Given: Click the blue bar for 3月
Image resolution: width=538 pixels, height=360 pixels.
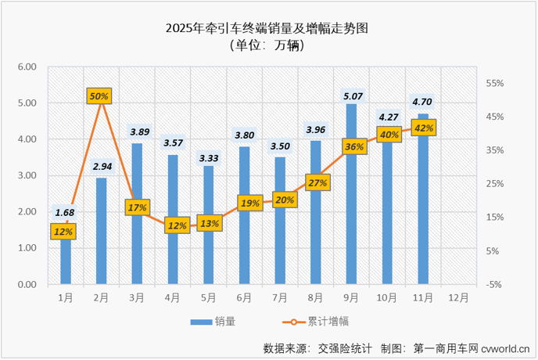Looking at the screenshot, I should [137, 235].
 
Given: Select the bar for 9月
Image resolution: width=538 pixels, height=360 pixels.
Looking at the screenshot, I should [351, 219].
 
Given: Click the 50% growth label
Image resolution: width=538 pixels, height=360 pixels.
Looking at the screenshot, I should [100, 95].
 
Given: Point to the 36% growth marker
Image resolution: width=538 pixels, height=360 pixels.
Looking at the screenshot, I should [354, 146].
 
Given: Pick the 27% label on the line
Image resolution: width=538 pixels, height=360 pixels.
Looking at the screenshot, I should [317, 182].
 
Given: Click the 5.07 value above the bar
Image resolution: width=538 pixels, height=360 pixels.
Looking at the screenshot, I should [351, 97].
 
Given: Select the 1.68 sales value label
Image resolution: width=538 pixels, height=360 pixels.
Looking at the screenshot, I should [65, 211].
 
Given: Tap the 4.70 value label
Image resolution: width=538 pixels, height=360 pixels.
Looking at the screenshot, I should [423, 102].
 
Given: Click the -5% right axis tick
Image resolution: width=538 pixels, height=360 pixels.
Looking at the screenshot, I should [493, 284].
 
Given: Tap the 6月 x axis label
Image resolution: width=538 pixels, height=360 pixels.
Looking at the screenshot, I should [244, 297].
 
